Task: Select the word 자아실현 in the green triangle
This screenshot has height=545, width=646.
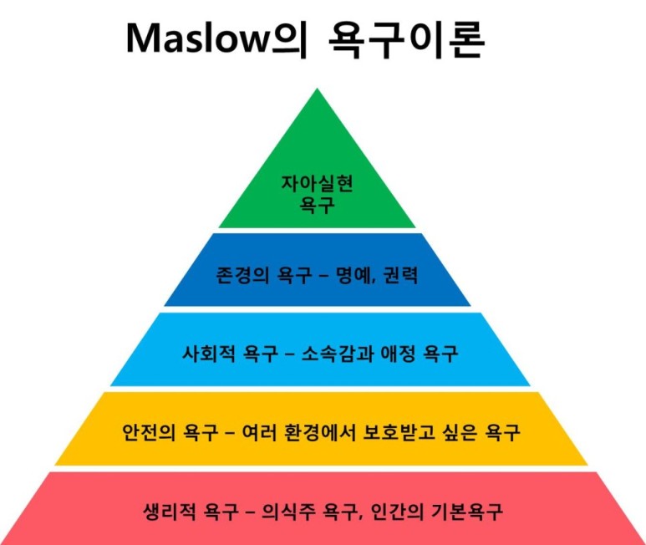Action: [316, 186]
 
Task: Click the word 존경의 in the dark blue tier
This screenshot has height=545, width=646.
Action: [238, 273]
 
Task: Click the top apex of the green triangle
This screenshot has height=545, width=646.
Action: [317, 89]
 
